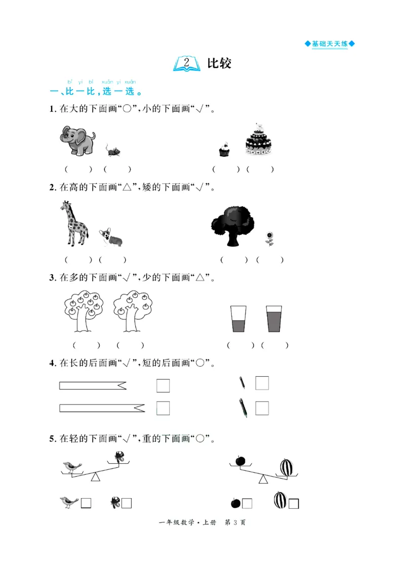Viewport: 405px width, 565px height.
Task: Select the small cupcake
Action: (224, 149)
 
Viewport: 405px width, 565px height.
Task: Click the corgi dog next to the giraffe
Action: (111, 236)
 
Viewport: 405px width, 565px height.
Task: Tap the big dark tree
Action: (232, 224)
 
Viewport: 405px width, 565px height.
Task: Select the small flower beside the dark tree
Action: (269, 238)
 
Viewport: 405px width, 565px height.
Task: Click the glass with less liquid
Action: (238, 319)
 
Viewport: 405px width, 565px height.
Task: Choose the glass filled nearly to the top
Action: (273, 319)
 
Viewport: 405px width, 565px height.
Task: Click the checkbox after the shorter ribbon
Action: (163, 386)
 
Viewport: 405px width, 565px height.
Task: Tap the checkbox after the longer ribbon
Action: (163, 408)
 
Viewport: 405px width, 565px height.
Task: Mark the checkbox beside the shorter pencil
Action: (262, 383)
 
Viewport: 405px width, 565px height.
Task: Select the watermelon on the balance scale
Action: (287, 467)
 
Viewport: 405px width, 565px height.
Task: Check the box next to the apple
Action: (247, 503)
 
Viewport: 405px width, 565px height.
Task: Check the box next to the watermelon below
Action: (294, 503)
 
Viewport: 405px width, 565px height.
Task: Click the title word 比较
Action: (219, 63)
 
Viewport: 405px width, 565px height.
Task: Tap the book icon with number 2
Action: (186, 63)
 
